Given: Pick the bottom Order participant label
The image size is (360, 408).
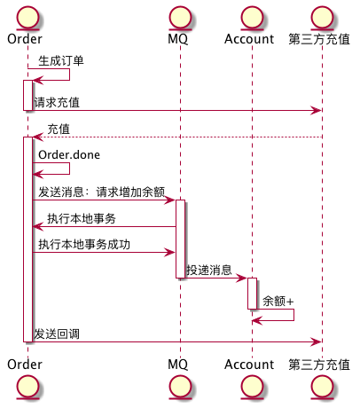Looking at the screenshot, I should (x=25, y=365).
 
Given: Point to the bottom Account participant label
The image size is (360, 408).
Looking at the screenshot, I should (x=249, y=365).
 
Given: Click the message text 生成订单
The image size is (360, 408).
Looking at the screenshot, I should (x=61, y=61).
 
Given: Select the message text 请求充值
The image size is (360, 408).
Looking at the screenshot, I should (x=57, y=103).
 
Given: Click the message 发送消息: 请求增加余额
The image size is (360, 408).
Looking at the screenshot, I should (x=101, y=192).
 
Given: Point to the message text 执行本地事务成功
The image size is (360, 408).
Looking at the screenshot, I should (x=85, y=244).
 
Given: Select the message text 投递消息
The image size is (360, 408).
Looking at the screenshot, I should (x=209, y=271).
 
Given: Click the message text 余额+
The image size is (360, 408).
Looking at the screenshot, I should (x=278, y=302).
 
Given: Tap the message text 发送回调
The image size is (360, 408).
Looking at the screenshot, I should (x=57, y=333).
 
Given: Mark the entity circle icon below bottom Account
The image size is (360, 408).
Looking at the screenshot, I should (x=251, y=388).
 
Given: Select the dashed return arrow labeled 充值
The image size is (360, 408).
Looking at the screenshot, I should (x=177, y=137).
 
